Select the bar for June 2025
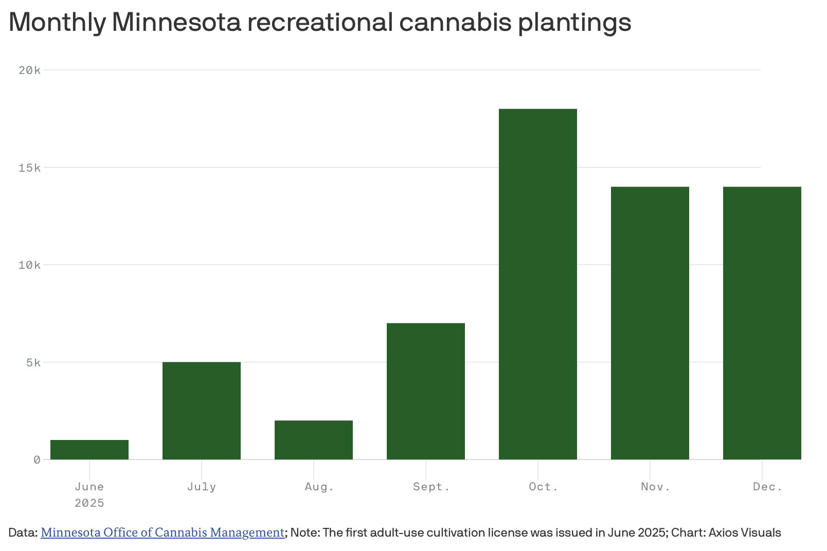89,450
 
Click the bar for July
202,411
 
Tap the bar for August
314,440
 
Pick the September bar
426,391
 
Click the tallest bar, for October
538,284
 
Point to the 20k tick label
29,70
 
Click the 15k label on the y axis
29,168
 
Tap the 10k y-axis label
29,265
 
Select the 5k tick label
33,363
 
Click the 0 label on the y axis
37,460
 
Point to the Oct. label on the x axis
543,487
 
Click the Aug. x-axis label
319,487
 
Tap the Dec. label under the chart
767,487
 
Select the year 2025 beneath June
89,503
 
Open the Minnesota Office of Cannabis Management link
163,532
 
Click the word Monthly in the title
57,22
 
